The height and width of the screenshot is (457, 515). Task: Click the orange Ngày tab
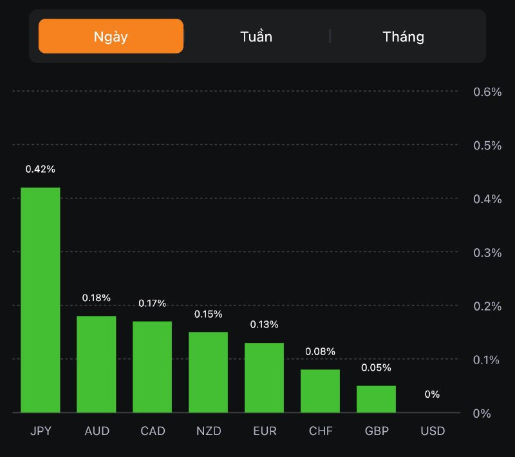point(111,36)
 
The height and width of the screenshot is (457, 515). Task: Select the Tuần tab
point(256,36)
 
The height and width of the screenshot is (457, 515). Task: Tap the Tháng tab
point(404,36)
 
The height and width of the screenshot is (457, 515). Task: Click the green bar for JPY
point(41,300)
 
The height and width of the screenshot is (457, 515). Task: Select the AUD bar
point(97,364)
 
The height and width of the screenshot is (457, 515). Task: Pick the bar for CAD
point(153,367)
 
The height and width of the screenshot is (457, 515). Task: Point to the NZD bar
point(208,372)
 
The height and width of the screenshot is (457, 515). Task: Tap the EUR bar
point(264,378)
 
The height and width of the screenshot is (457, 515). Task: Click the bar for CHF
point(320,391)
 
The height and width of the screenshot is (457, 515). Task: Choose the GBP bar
point(376,399)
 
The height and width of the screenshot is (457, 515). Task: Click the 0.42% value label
point(41,169)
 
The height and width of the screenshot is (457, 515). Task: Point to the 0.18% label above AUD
point(97,298)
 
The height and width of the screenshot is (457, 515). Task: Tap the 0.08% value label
point(320,351)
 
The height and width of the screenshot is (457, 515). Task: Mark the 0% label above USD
point(432,394)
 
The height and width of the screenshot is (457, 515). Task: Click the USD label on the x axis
point(432,431)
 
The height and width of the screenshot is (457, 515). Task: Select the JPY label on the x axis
point(41,431)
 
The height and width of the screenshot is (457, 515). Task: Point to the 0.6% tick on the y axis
point(487,92)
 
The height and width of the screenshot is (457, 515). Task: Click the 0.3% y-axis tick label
point(487,252)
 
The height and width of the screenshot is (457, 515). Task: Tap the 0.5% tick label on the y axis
point(487,145)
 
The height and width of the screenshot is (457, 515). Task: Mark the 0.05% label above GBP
point(376,367)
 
